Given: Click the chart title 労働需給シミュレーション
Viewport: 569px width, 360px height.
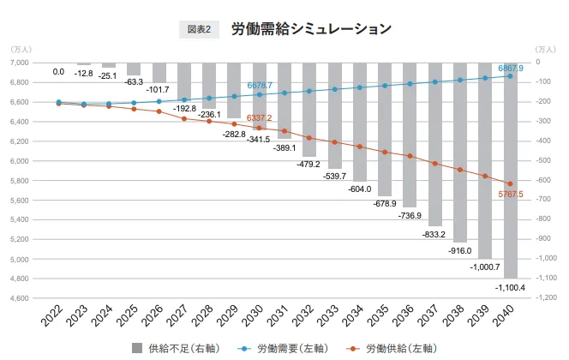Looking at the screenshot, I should [311, 28].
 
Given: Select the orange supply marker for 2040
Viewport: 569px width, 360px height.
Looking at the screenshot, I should [510, 184].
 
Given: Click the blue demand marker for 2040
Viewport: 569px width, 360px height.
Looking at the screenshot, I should [510, 76].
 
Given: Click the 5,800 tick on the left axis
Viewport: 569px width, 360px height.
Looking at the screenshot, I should [20, 181].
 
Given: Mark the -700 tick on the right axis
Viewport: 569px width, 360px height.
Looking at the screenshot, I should [544, 201].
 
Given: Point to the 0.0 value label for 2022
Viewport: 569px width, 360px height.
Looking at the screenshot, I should [58, 72].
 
